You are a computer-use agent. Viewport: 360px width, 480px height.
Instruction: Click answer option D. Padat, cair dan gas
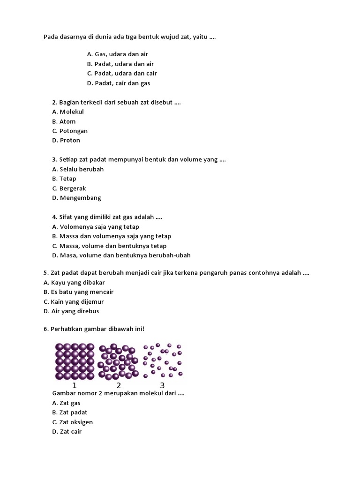pyautogui.click(x=118, y=83)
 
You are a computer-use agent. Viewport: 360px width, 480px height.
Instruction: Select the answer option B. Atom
pyautogui.click(x=64, y=121)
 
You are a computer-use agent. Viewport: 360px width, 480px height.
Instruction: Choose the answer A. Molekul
pyautogui.click(x=68, y=112)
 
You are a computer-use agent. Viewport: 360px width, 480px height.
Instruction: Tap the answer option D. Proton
pyautogui.click(x=66, y=140)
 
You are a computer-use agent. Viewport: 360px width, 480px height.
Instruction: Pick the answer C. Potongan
pyautogui.click(x=70, y=131)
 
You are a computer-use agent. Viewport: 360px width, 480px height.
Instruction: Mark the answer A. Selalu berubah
pyautogui.click(x=78, y=169)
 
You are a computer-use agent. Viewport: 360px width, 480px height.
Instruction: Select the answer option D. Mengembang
pyautogui.click(x=76, y=198)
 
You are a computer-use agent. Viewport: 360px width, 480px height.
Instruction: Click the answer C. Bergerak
pyautogui.click(x=69, y=188)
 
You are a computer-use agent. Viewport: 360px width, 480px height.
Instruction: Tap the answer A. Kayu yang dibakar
pyautogui.click(x=74, y=283)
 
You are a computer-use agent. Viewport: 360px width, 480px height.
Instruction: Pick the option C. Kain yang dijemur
pyautogui.click(x=74, y=302)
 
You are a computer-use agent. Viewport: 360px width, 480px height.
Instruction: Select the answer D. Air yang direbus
pyautogui.click(x=71, y=311)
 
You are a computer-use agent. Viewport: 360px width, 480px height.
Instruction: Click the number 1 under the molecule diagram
pyautogui.click(x=75, y=385)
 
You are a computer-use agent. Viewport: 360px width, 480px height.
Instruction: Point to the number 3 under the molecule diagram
pyautogui.click(x=162, y=385)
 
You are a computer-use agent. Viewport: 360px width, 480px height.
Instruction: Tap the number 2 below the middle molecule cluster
pyautogui.click(x=119, y=385)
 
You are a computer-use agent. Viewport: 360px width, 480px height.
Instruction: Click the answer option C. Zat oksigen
pyautogui.click(x=73, y=422)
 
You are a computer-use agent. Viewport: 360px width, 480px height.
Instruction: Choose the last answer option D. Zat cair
pyautogui.click(x=67, y=431)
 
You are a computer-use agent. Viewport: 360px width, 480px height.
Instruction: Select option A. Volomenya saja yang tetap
pyautogui.click(x=96, y=227)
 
